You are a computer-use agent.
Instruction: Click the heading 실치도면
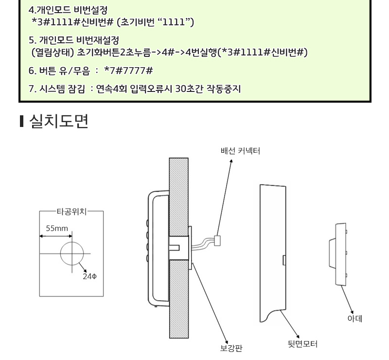click(59, 122)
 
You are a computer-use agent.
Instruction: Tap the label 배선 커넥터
click(240, 151)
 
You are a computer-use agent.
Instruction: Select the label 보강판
click(231, 348)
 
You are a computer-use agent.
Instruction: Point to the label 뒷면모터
click(302, 344)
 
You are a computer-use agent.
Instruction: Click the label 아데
click(355, 318)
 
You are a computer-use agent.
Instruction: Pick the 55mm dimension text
click(57, 228)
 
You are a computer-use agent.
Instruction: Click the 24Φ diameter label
click(89, 276)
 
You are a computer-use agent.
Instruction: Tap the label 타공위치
click(71, 212)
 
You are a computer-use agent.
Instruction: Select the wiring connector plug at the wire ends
click(217, 241)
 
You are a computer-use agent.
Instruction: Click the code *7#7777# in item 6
click(128, 71)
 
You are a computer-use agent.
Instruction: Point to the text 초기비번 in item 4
click(141, 22)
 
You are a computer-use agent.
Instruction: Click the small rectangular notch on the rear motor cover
click(284, 260)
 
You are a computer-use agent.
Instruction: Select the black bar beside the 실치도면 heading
click(22, 122)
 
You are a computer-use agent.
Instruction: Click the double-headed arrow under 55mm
click(56, 236)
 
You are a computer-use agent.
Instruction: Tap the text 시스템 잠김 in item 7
click(62, 89)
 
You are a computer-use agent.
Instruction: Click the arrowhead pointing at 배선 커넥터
click(231, 161)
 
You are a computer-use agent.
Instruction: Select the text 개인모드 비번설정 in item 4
click(72, 10)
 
